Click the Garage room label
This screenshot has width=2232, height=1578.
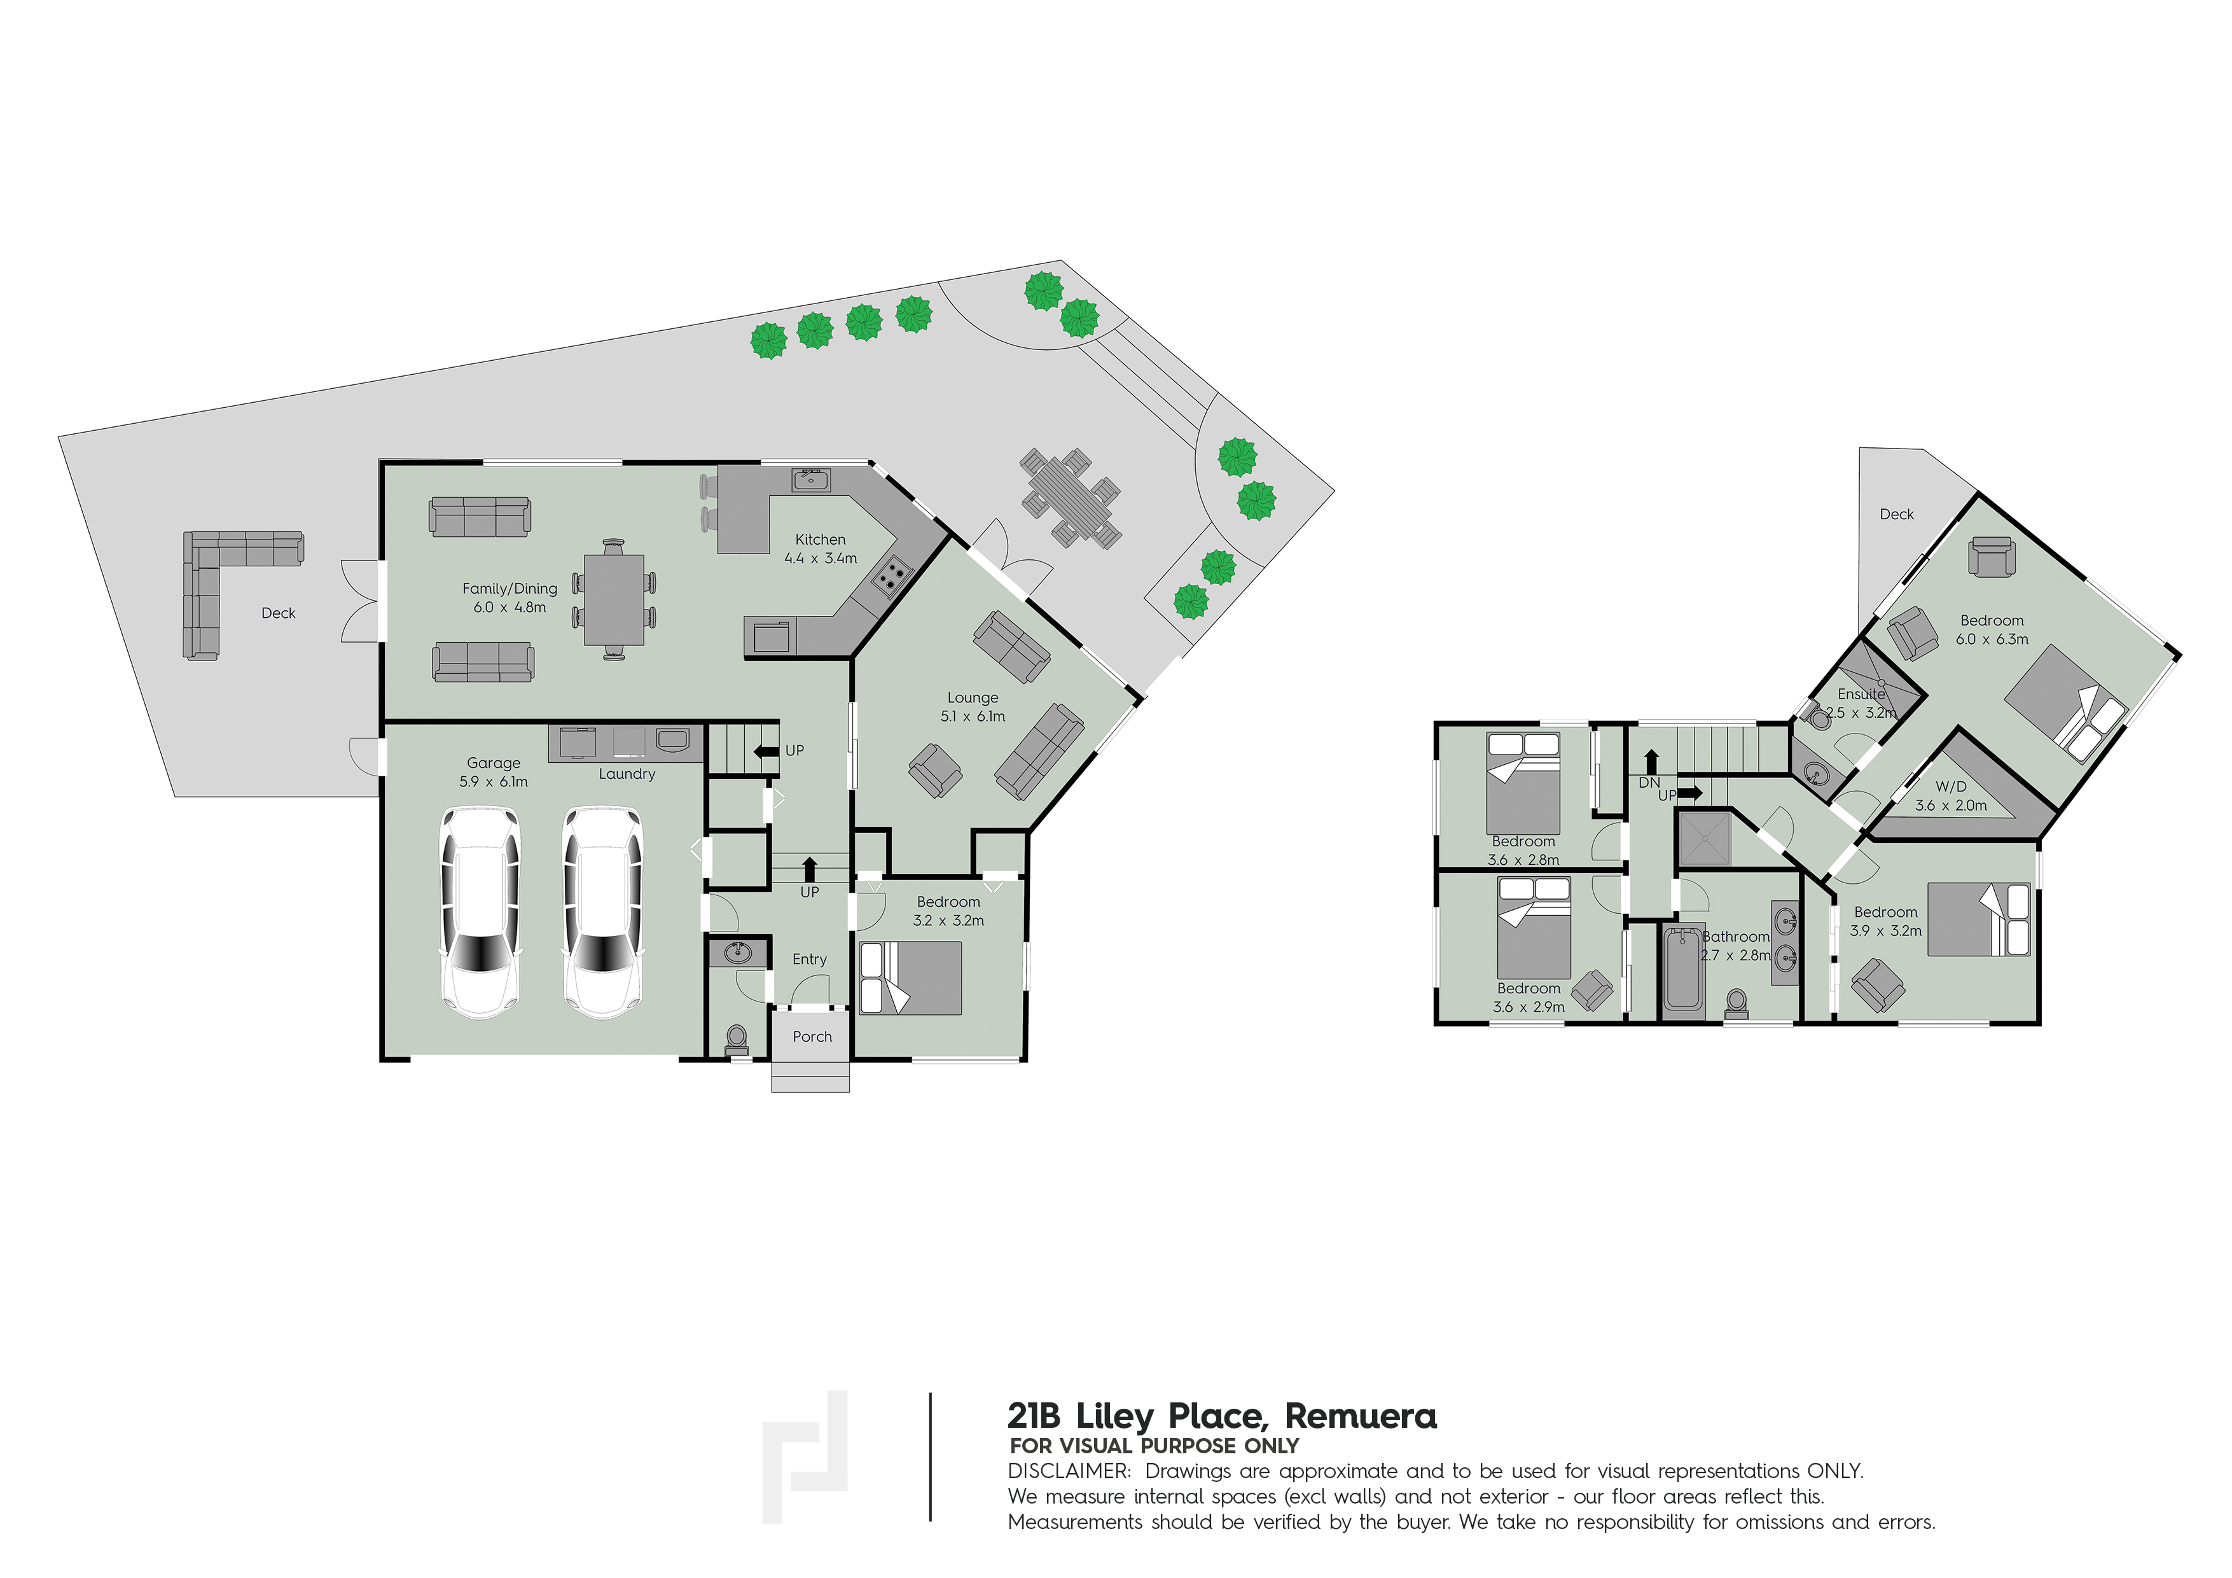click(x=493, y=764)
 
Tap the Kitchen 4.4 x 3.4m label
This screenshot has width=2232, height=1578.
click(x=821, y=548)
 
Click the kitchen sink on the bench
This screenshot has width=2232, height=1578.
click(x=811, y=479)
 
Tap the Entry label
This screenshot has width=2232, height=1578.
click(x=809, y=960)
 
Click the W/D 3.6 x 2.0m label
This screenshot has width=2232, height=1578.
click(x=1950, y=796)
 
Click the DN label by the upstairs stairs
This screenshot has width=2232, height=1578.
click(x=1649, y=783)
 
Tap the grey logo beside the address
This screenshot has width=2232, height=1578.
click(x=805, y=1455)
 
